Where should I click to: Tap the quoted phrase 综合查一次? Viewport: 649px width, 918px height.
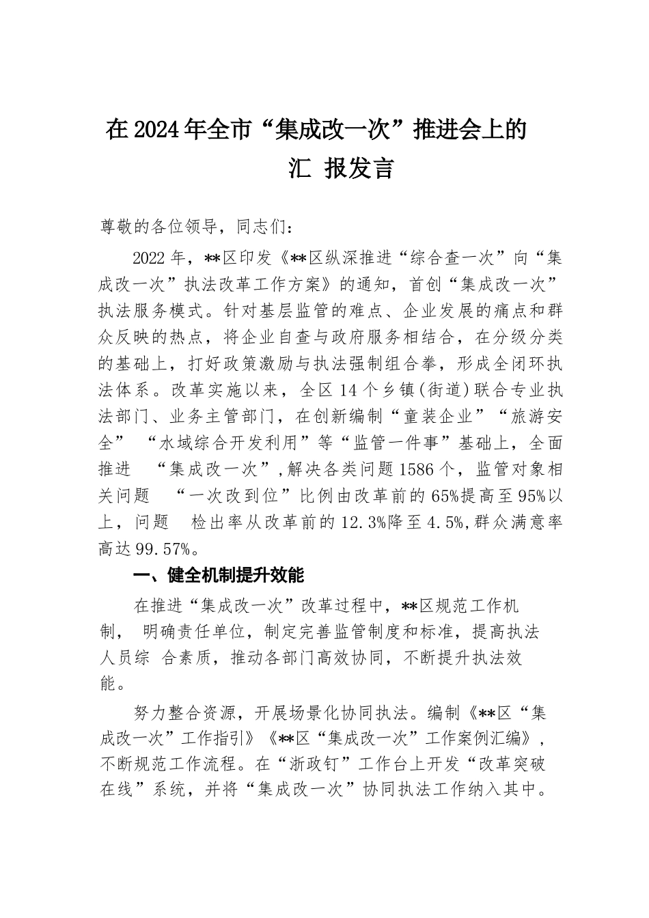click(x=452, y=259)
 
